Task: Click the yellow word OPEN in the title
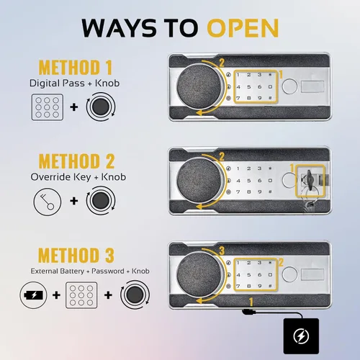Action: coord(243,28)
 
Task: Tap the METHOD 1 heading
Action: coord(76,68)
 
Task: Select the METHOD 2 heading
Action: coord(76,161)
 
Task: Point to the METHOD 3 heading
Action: coord(76,255)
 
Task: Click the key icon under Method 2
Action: coord(48,202)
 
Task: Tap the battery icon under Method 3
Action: coord(34,295)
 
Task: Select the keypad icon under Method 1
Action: coord(48,107)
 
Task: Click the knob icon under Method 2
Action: coord(101,201)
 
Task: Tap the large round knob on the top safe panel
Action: coord(199,86)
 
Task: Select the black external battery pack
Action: coord(301,336)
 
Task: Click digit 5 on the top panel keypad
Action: coord(249,87)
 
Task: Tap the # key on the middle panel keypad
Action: coord(270,192)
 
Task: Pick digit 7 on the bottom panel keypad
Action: coord(238,286)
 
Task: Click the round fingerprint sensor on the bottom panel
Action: coord(289,274)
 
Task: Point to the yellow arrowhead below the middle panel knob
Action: coord(199,207)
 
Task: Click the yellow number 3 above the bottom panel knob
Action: coord(222,251)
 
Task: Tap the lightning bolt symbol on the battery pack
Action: coord(301,336)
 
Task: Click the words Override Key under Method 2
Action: coord(60,177)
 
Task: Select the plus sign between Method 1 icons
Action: coord(74,107)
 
